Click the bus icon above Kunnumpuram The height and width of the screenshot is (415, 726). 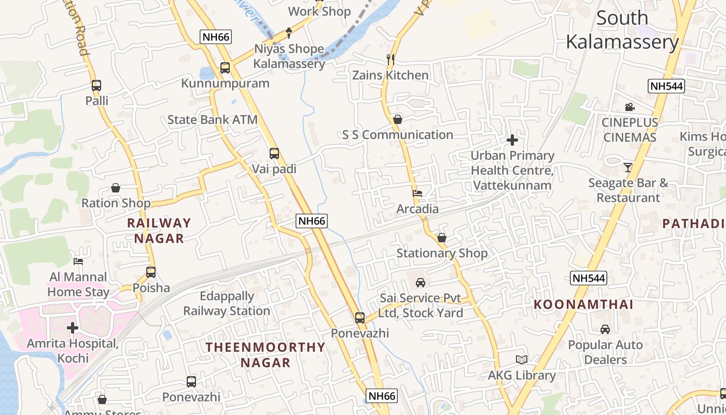(225, 67)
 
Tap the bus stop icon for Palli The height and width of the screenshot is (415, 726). (96, 86)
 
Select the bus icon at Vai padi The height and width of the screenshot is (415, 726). (274, 154)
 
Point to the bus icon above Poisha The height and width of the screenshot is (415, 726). (151, 272)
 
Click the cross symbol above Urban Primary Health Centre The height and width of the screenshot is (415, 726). (512, 140)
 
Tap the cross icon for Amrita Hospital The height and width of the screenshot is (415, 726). (73, 328)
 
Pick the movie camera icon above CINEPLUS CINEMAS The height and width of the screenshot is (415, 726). (630, 107)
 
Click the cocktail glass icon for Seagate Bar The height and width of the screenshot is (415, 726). (628, 167)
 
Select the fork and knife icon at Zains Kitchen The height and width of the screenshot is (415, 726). (390, 60)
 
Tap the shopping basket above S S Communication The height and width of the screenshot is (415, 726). (398, 119)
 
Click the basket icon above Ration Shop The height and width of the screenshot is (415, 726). (116, 188)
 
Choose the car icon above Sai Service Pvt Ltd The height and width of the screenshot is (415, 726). (421, 283)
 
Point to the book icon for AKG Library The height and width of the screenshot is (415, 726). (522, 359)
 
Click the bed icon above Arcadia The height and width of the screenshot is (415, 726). (417, 193)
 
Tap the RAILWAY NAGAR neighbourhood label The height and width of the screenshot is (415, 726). (159, 230)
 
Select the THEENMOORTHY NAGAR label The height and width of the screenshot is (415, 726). (266, 355)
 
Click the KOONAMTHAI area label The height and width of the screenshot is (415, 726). (583, 305)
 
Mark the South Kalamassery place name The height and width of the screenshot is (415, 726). (622, 30)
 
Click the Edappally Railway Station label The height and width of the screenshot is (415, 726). (227, 303)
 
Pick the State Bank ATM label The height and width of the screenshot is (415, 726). (213, 120)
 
